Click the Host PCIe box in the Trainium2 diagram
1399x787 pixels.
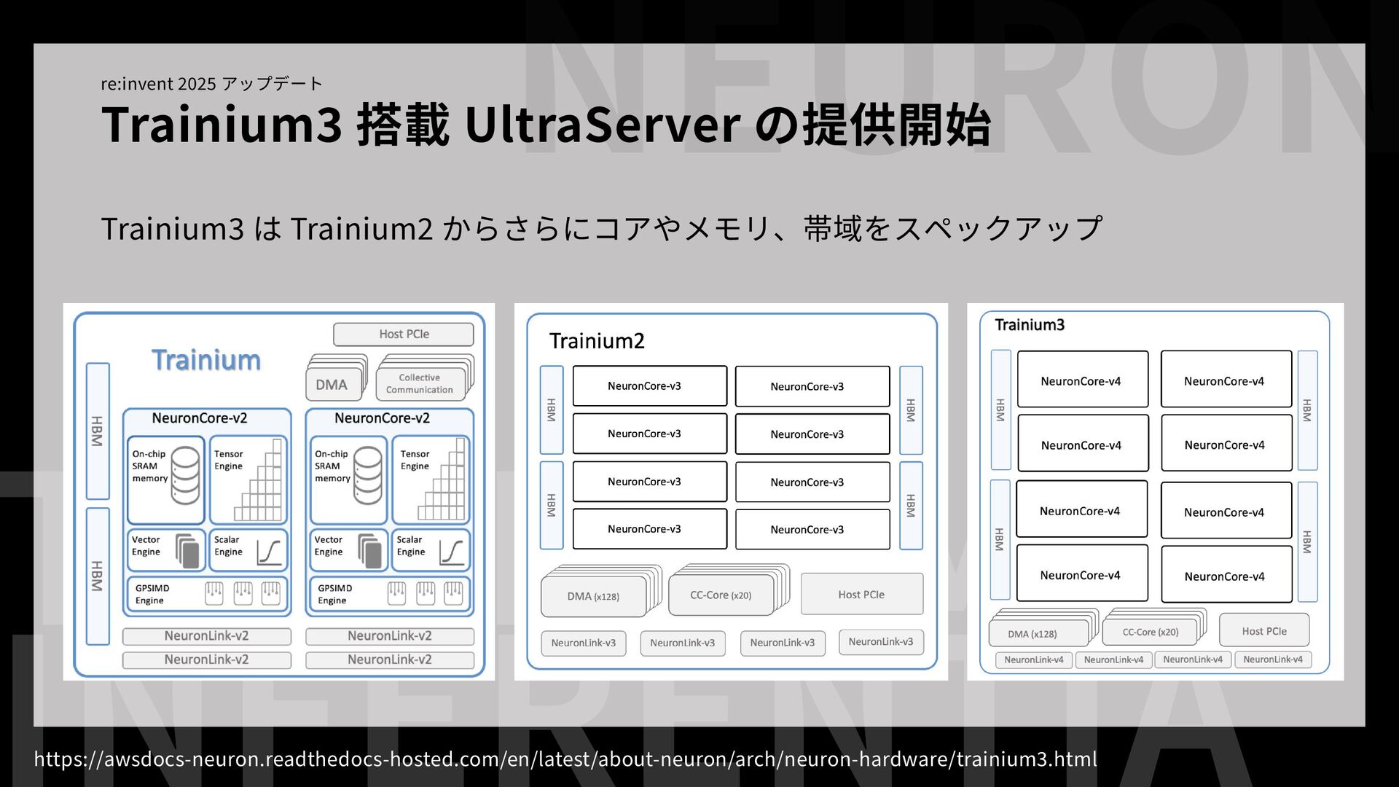click(861, 594)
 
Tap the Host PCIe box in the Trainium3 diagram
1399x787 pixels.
click(1264, 630)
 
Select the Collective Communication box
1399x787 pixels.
click(420, 383)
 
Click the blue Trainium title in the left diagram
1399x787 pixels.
click(206, 360)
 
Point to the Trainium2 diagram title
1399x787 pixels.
click(597, 341)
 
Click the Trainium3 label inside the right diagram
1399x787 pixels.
click(1030, 325)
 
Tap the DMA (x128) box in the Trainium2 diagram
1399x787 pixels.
click(593, 596)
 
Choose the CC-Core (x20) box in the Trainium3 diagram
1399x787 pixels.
click(1150, 632)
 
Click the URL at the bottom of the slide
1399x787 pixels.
click(565, 759)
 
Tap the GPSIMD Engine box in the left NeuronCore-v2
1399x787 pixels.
click(207, 594)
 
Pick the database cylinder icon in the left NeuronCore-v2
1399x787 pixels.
click(185, 476)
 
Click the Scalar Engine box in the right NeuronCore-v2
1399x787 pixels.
click(431, 549)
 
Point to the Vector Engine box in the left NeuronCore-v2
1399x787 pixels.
click(165, 549)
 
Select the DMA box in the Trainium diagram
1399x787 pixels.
click(332, 384)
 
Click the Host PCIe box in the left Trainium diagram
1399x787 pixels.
click(404, 334)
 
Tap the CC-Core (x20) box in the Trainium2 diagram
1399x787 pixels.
click(721, 595)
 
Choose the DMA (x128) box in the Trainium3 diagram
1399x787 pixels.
click(1032, 633)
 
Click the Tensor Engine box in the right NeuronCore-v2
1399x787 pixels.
click(431, 480)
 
